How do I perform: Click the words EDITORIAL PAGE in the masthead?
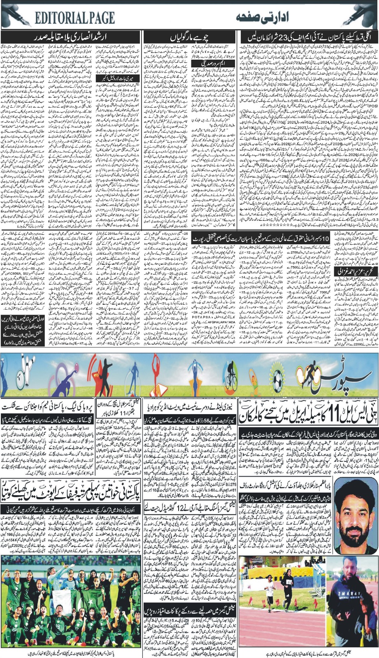point(74,18)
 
